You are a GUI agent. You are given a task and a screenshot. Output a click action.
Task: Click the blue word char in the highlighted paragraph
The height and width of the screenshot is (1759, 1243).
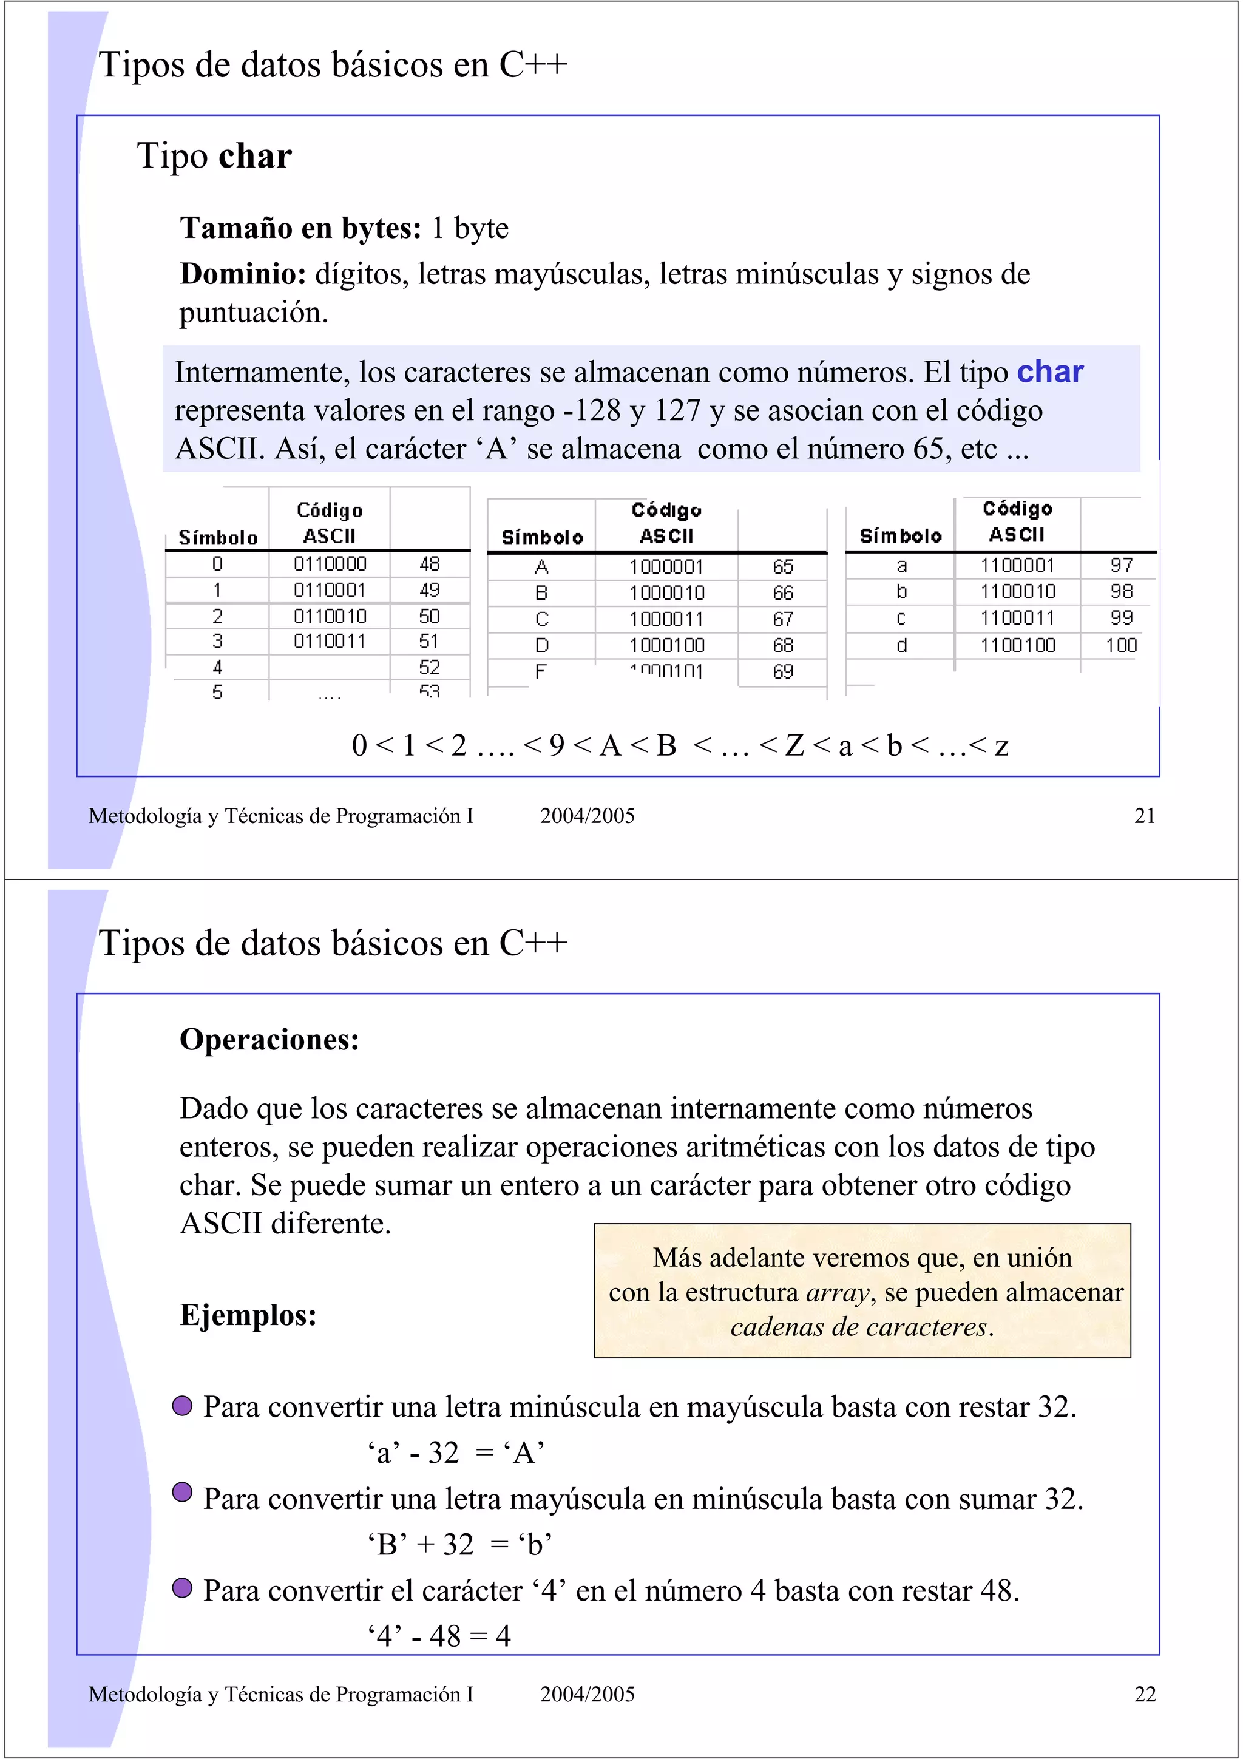[1049, 372]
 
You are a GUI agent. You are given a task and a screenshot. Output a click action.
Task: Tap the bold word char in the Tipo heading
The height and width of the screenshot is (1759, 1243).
[255, 156]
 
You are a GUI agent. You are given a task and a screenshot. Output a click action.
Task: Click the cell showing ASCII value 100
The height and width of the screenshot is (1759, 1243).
[1120, 645]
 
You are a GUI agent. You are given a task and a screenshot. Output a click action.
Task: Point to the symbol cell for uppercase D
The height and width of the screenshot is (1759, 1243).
[541, 646]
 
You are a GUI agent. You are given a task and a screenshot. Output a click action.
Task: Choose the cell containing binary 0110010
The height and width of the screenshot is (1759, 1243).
[330, 616]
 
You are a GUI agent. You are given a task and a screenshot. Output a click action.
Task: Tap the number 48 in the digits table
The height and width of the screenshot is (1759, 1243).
[429, 564]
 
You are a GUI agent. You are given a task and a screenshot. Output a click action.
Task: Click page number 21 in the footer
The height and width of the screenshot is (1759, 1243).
[1144, 816]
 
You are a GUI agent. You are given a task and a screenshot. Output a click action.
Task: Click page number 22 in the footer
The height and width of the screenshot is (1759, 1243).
[1144, 1694]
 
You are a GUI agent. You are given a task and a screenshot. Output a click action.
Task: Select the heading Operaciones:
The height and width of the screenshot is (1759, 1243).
[269, 1040]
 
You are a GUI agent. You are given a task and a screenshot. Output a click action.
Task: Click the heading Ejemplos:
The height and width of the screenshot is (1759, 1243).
[248, 1315]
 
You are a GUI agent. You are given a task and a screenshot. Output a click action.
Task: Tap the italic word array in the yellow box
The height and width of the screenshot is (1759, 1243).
[838, 1292]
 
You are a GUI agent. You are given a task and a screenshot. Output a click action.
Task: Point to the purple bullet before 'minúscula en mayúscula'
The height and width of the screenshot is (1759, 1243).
[182, 1406]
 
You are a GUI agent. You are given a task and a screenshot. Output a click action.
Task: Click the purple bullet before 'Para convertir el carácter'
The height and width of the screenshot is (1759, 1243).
[182, 1588]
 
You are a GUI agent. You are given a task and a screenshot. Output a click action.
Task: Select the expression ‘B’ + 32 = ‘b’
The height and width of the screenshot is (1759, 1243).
[459, 1544]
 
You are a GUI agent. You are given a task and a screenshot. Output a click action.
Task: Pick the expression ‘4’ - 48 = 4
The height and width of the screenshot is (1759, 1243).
[439, 1636]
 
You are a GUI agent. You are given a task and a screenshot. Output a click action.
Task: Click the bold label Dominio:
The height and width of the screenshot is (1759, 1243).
[243, 274]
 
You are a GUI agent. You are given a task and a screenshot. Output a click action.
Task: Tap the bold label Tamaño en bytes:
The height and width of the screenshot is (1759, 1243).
[300, 228]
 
